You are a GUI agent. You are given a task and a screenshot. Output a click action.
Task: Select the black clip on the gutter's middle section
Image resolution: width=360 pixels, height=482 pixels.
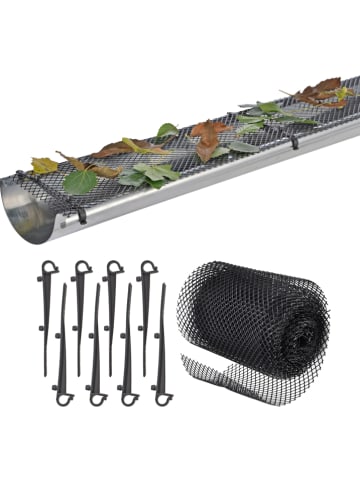pos(293,140)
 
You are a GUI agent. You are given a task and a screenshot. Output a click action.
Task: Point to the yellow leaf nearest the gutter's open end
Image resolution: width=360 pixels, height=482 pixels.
pos(43,165)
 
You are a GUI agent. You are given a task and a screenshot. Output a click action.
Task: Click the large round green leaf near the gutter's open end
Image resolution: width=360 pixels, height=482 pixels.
pos(80,181)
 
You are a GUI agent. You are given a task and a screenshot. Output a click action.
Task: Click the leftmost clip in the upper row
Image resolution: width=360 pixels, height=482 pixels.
pos(46,300)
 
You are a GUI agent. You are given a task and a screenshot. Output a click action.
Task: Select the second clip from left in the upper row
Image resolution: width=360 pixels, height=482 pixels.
pos(79,300)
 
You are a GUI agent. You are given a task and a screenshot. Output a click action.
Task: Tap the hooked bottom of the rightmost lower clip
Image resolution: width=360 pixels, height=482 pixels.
pos(163,398)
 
